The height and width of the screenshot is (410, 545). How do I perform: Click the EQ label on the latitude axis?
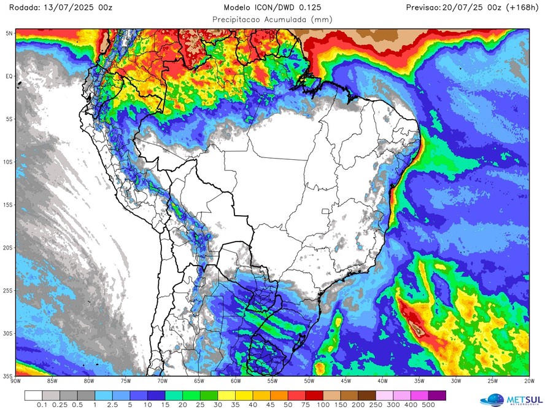(x=9, y=76)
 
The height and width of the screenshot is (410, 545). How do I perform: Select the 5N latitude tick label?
(x=9, y=33)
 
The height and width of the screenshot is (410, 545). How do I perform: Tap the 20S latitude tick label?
(x=8, y=248)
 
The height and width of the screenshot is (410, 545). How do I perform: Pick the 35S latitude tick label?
(x=8, y=376)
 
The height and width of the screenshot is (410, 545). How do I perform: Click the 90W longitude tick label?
(x=16, y=380)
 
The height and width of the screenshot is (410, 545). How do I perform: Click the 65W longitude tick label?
(x=198, y=380)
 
